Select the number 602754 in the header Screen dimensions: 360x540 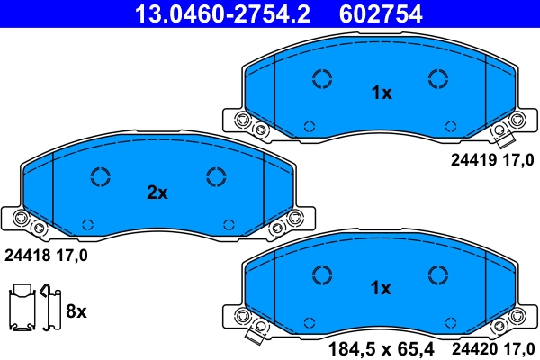(x=380, y=13)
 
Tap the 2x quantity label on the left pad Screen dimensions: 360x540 (x=157, y=192)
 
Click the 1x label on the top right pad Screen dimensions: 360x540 (x=382, y=92)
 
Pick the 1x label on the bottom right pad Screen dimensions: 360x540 (x=382, y=288)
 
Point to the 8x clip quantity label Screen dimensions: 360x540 (x=76, y=311)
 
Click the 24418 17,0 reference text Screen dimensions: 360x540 (x=46, y=256)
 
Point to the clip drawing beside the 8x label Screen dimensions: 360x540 (x=32, y=310)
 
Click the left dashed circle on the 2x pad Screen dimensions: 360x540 (x=100, y=176)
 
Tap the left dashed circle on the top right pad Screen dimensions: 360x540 (x=322, y=78)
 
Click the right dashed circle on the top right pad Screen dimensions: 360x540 (x=437, y=78)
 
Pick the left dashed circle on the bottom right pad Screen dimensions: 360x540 (x=322, y=274)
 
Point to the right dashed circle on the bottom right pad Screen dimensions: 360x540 (x=437, y=274)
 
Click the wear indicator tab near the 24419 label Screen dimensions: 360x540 (x=501, y=137)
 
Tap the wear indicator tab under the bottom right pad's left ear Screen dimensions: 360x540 (x=256, y=335)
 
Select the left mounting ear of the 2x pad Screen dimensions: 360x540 (x=24, y=217)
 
